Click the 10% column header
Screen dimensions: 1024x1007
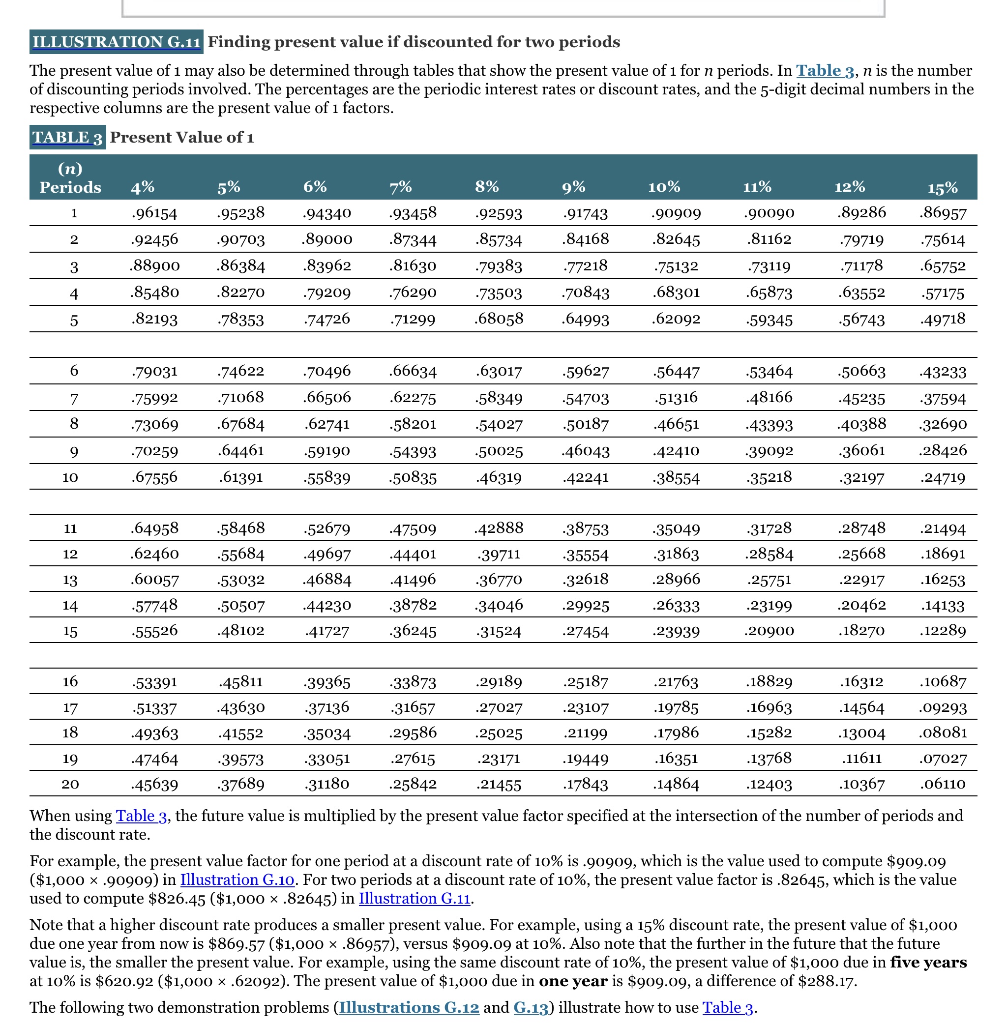[x=664, y=187]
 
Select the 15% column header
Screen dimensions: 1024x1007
[x=943, y=188]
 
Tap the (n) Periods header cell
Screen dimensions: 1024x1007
[x=70, y=177]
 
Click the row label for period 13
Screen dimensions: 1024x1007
[x=70, y=580]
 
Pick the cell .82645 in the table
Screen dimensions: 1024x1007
[x=676, y=239]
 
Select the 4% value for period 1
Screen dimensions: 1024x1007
[x=154, y=213]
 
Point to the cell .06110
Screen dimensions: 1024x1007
[x=943, y=784]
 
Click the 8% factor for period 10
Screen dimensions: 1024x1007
[x=499, y=477]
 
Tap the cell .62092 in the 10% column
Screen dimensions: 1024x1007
[x=676, y=319]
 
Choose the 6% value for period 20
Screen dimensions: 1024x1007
[x=327, y=784]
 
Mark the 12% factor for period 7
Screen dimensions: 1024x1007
[x=861, y=398]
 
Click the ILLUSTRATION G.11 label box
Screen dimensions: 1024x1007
[x=117, y=42]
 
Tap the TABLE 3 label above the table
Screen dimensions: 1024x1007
[x=67, y=138]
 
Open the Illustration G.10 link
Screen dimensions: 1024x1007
[x=237, y=879]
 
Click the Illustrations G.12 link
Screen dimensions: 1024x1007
[x=409, y=1007]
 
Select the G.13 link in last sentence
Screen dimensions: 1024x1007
[x=531, y=1007]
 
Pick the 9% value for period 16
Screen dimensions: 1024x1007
[x=586, y=681]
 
